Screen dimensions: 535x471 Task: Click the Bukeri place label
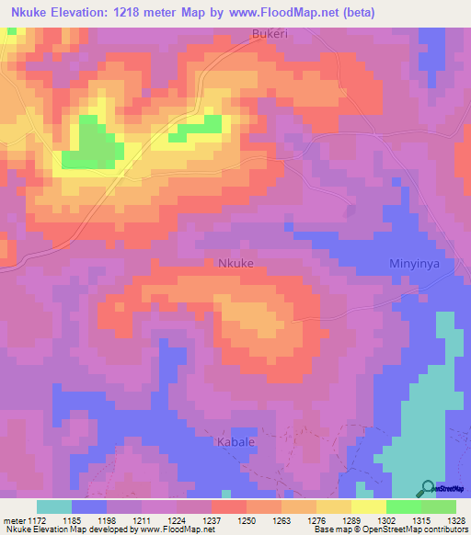(270, 34)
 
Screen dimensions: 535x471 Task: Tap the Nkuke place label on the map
(236, 262)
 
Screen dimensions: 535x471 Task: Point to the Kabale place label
(235, 443)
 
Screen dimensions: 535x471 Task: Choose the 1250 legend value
(247, 518)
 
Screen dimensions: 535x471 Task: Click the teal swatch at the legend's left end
(53, 507)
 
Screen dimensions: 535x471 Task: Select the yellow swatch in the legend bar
(368, 507)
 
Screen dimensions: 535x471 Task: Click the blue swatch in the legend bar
(88, 507)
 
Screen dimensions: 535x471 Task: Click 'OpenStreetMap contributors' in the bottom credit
(420, 529)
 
